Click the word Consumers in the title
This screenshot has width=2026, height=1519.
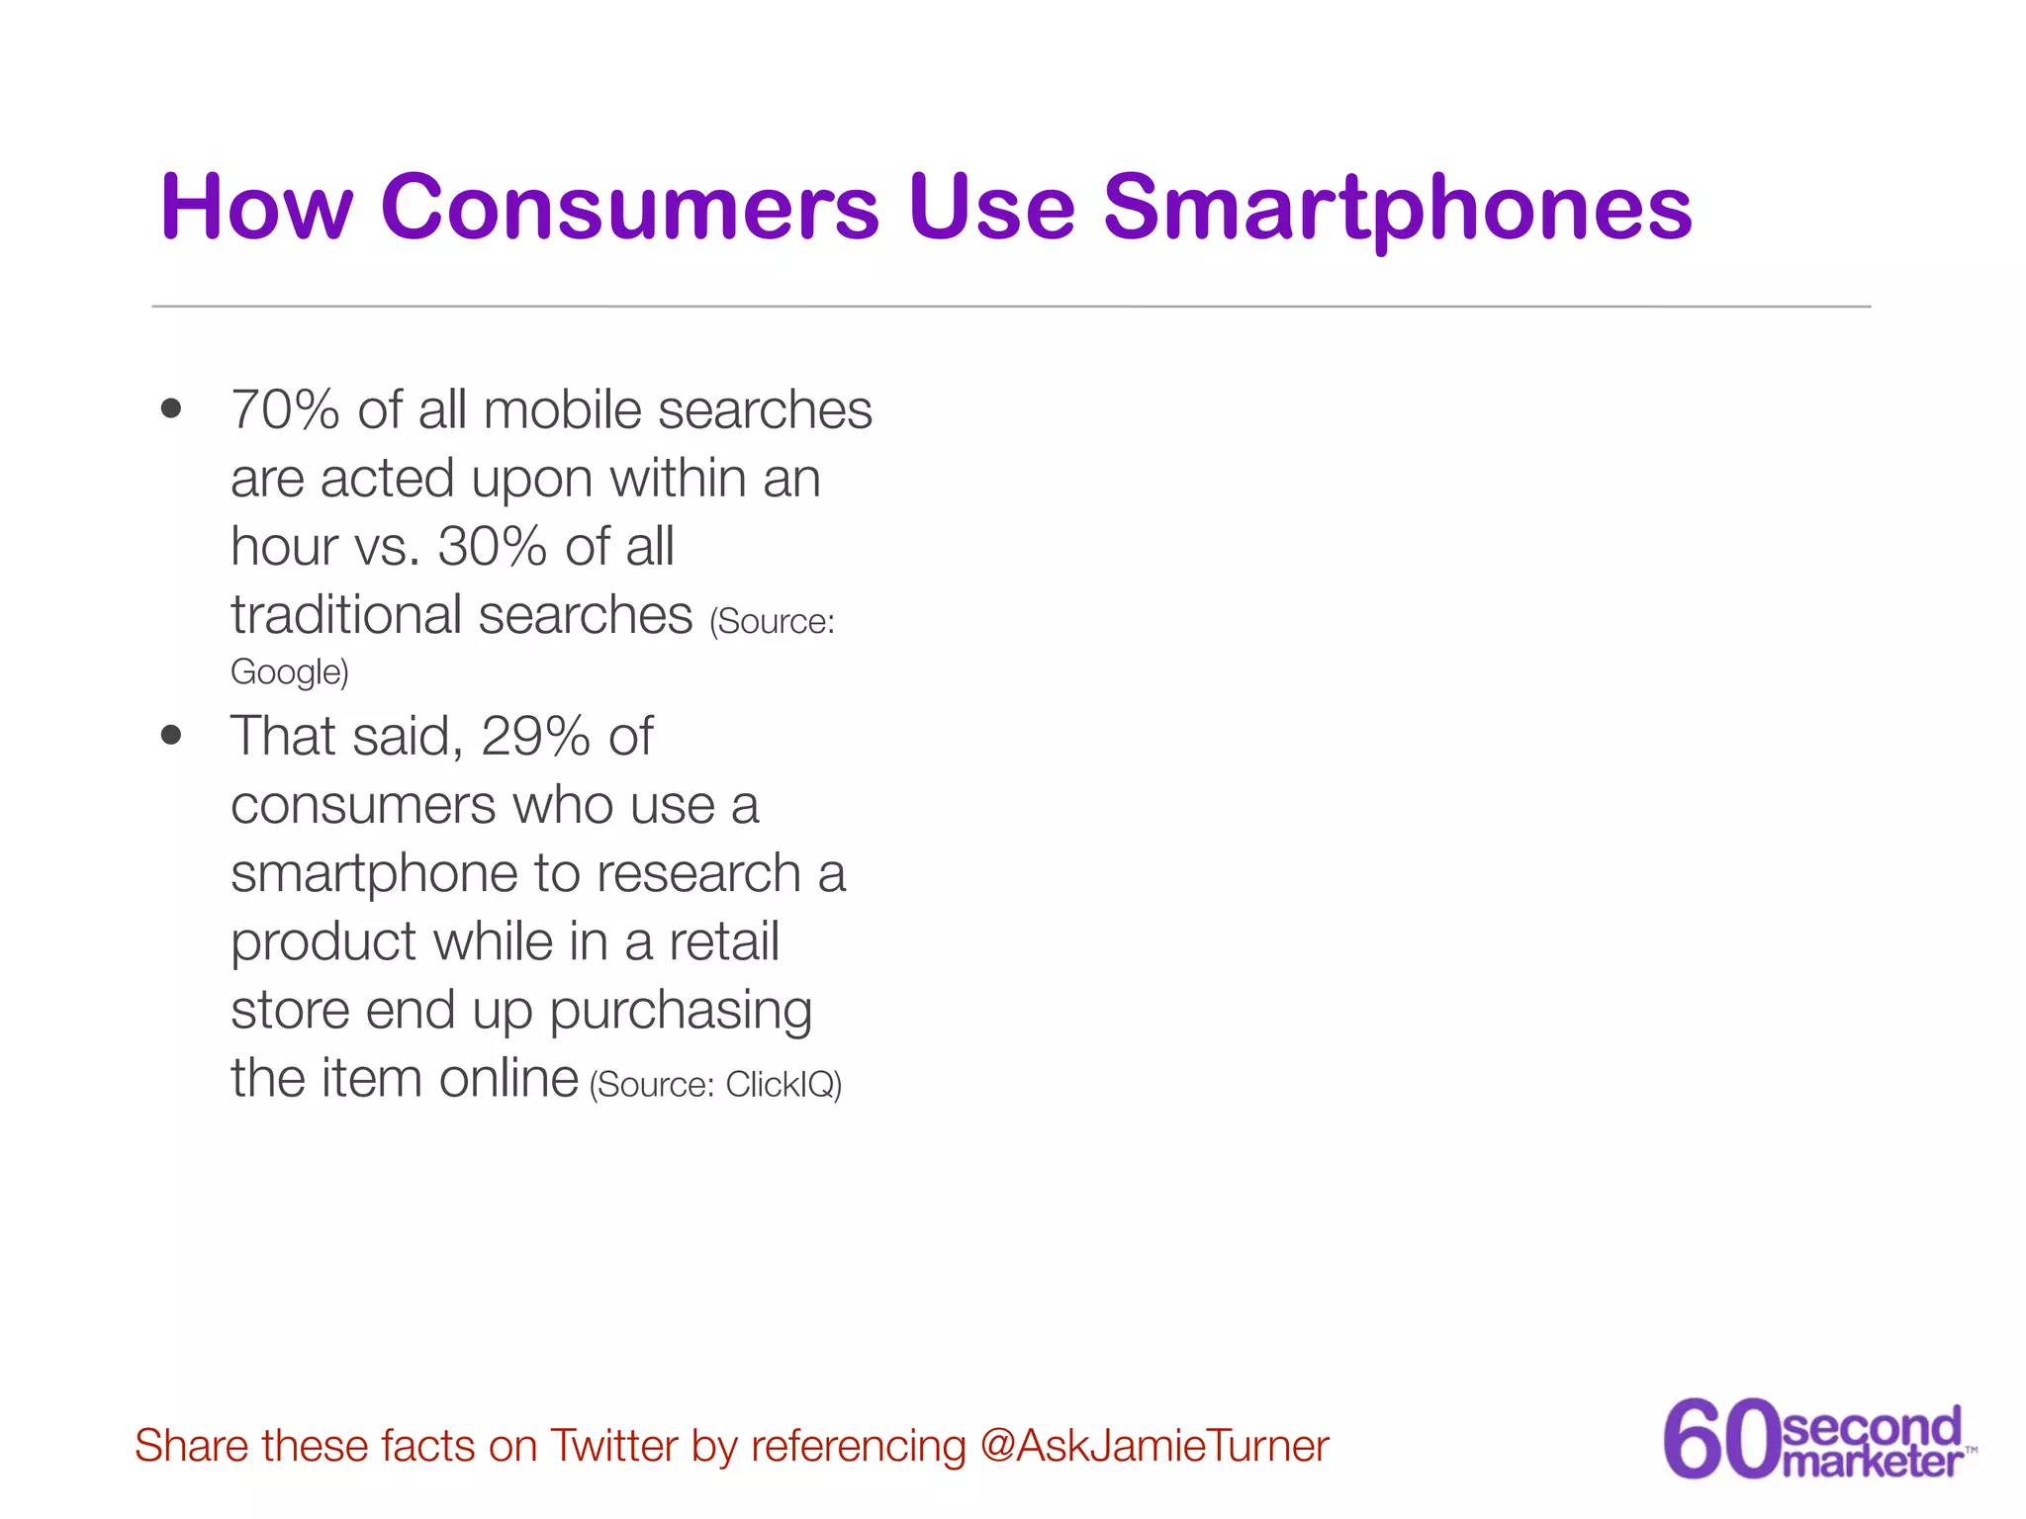pos(629,208)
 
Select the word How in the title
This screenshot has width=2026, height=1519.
pos(256,208)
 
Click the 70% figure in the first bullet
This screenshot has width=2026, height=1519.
pos(285,410)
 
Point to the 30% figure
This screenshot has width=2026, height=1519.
pos(493,547)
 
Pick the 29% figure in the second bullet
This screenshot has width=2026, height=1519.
pos(535,737)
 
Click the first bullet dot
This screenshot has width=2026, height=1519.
pos(171,408)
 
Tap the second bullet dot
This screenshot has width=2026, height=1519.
pos(171,735)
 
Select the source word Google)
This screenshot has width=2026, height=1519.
pos(289,672)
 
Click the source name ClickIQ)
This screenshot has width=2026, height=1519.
pos(783,1085)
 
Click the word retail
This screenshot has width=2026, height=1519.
pos(724,941)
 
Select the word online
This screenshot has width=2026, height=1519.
pos(508,1079)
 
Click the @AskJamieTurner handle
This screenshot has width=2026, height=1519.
pos(1154,1446)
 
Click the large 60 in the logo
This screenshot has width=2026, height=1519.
pos(1721,1439)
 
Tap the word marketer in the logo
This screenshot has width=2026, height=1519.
pos(1872,1461)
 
